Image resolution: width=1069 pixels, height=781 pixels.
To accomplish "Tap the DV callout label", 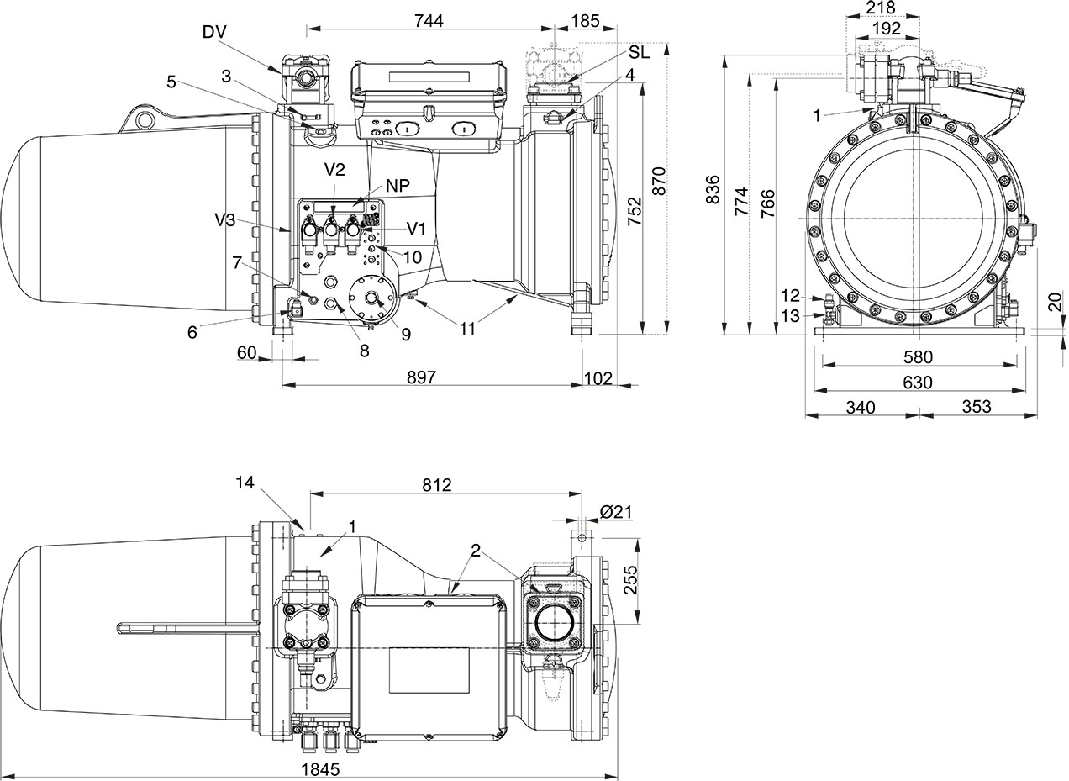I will click(215, 32).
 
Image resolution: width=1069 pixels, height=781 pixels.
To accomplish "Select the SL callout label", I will click(639, 51).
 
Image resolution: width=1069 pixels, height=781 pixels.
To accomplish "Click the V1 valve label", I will click(418, 229).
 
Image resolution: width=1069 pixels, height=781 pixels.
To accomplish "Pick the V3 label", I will click(225, 220).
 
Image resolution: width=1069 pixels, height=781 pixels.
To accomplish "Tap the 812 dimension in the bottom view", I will click(436, 485).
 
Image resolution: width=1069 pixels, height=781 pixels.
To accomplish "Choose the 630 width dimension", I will click(917, 383).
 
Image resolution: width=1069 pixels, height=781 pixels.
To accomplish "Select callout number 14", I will click(244, 483).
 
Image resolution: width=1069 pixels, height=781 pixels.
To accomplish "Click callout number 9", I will click(406, 335).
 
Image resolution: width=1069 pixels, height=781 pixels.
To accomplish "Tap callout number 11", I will click(467, 328).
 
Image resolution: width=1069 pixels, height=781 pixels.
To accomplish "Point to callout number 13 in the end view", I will click(789, 315).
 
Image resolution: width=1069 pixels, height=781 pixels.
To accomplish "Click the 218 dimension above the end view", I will click(881, 8).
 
